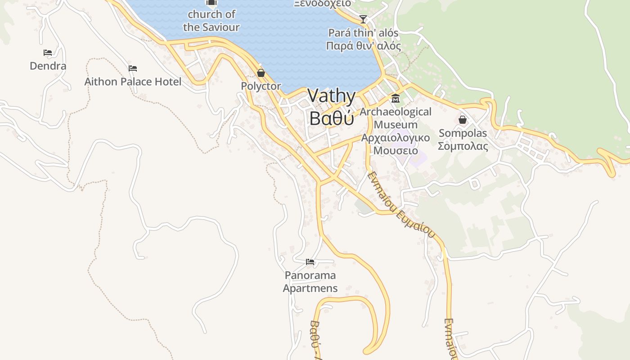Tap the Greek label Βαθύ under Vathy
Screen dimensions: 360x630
[332, 118]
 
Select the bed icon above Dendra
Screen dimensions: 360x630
[48, 53]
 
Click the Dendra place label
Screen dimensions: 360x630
[48, 66]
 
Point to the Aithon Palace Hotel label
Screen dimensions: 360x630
[133, 81]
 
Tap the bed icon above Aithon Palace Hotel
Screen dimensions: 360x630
[133, 68]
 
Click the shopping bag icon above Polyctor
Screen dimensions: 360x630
[261, 73]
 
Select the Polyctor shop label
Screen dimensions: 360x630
[261, 86]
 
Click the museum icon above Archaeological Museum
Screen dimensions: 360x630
[396, 99]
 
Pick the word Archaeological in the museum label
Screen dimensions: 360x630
[396, 112]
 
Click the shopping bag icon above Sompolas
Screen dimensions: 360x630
[463, 120]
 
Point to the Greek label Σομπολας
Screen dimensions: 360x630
[463, 146]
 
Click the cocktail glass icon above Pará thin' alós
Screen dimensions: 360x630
[363, 19]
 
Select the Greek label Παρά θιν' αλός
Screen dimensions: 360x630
[363, 46]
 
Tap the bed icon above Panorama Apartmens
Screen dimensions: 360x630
[310, 261]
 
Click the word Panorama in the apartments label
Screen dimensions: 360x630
[310, 275]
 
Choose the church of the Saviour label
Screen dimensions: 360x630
[211, 21]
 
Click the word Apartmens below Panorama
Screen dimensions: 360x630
[310, 288]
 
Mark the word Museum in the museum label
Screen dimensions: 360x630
[396, 125]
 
